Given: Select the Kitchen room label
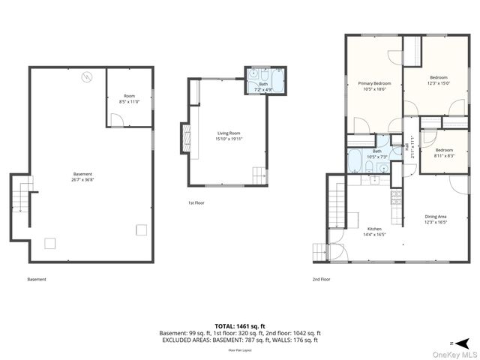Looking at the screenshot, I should (374, 231).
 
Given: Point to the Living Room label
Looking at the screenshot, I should (229, 135).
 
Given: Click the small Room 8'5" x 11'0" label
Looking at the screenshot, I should (129, 98).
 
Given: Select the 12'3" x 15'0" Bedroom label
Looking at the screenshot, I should (438, 80).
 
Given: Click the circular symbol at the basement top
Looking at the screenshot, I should (86, 76).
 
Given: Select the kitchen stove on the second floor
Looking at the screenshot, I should (394, 198).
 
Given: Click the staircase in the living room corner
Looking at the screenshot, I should (259, 175).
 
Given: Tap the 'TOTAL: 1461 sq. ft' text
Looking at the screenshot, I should (240, 325).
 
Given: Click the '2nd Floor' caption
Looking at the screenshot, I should (321, 278).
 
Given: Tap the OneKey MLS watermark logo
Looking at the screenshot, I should (457, 354).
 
